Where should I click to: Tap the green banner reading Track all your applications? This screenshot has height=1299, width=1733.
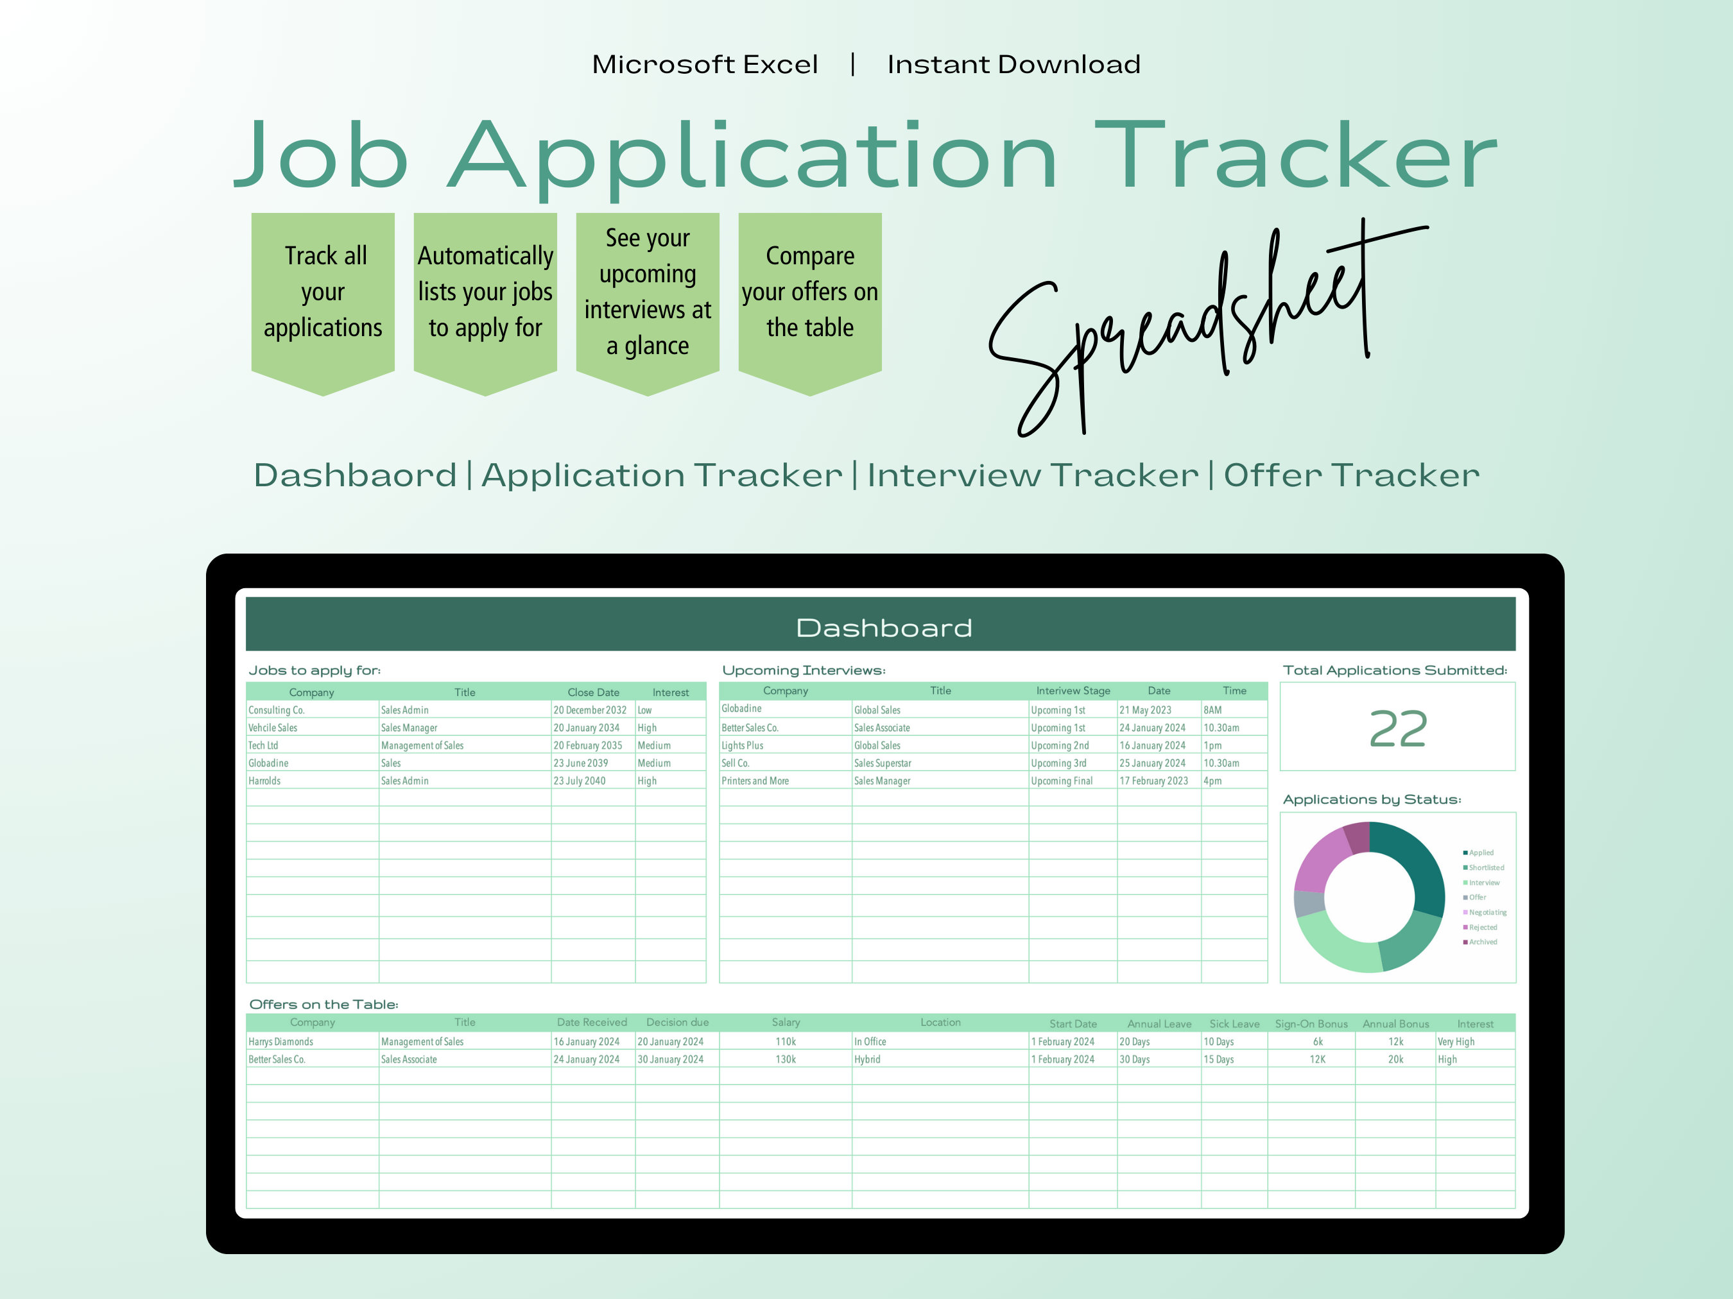coord(323,301)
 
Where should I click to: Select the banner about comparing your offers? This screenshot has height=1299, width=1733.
coord(810,301)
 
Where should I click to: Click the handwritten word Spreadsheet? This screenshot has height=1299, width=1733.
coord(1207,329)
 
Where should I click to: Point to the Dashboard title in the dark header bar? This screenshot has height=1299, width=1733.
coord(884,628)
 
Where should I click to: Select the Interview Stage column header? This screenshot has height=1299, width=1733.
coord(1073,691)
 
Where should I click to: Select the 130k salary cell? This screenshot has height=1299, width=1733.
coord(786,1059)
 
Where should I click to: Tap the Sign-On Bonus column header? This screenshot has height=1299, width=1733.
coord(1311,1023)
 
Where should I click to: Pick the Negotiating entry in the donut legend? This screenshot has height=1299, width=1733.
coord(1485,912)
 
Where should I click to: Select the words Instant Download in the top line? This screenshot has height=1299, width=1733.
coord(1013,64)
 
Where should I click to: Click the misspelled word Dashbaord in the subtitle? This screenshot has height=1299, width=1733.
coord(355,475)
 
